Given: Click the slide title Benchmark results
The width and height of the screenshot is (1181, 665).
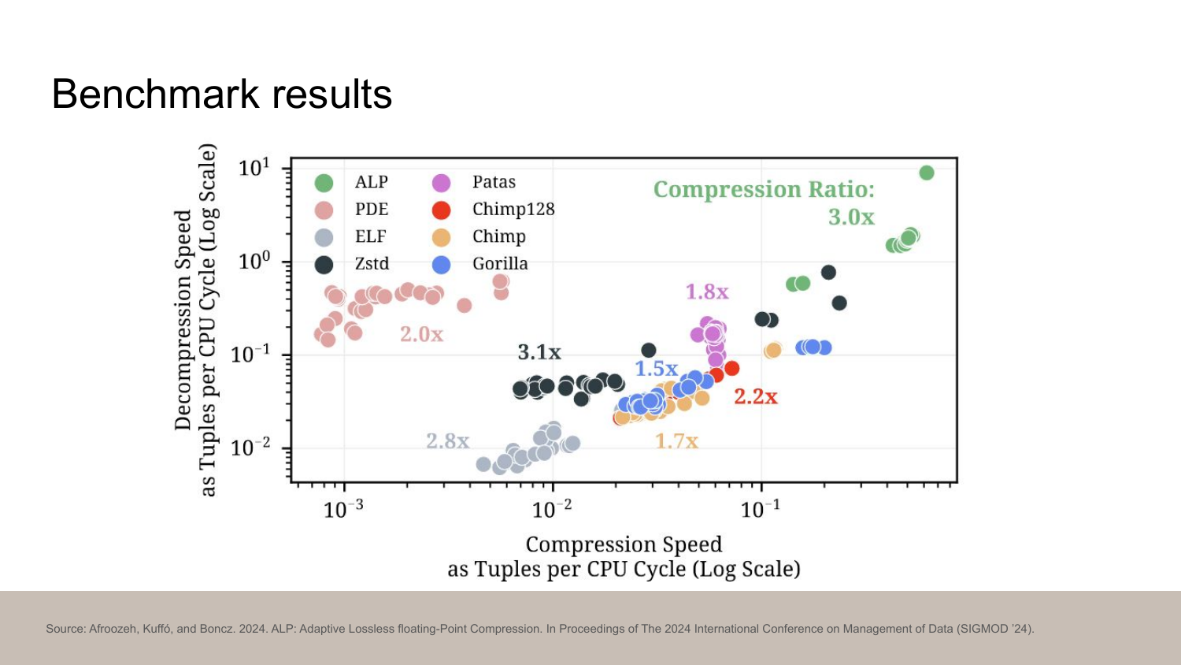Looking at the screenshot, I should [x=221, y=95].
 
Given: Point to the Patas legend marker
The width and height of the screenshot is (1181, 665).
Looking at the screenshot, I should [x=441, y=183].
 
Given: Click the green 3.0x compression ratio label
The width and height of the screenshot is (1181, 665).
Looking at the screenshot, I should [x=850, y=217].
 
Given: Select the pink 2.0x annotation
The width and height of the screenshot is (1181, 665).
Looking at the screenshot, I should [x=421, y=335].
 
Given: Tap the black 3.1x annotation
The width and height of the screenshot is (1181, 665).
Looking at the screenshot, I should [x=539, y=352].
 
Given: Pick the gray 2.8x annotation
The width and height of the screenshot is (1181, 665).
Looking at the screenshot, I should [x=447, y=441].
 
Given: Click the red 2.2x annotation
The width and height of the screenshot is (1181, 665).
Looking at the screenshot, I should [x=755, y=397].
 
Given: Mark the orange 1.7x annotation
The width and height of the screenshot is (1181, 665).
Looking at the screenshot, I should [x=676, y=441].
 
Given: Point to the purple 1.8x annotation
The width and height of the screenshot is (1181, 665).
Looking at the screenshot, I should [x=706, y=292].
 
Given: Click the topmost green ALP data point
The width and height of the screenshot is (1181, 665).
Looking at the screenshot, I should [x=927, y=173].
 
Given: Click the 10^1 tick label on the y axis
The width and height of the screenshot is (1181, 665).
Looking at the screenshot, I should [x=254, y=169].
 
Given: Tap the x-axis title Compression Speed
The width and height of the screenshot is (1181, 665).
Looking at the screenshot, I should [x=623, y=544].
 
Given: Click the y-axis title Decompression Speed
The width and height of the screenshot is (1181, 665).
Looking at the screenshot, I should [x=183, y=319].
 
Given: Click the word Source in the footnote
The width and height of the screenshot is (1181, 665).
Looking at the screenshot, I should [x=65, y=629].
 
